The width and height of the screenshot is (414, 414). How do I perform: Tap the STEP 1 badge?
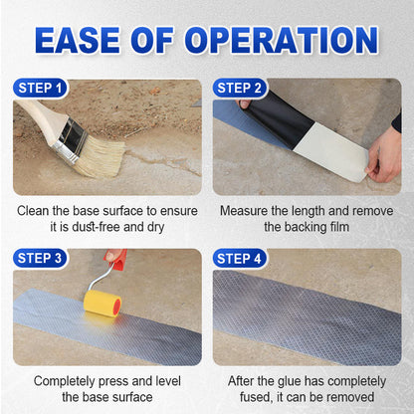[x=41, y=89]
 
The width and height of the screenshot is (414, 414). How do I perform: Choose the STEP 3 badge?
[x=41, y=259]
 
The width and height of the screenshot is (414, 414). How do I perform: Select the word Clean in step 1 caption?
[x=36, y=211]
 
